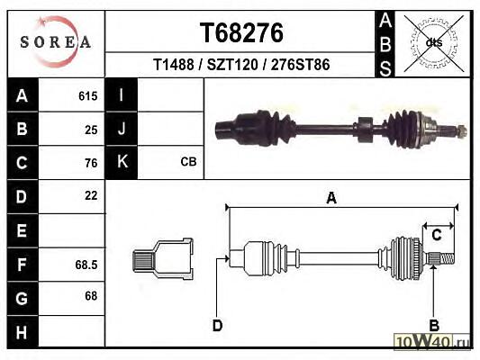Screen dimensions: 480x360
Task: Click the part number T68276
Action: [x=241, y=33]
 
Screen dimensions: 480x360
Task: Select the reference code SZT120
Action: [x=232, y=65]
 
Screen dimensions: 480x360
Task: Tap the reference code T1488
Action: [x=173, y=65]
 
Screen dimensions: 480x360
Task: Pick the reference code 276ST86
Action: [x=300, y=65]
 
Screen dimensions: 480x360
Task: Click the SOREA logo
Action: [x=56, y=42]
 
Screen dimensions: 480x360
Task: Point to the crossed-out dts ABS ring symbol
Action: [x=434, y=43]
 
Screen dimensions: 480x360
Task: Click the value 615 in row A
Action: [x=88, y=96]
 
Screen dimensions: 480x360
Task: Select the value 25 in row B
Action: [x=91, y=130]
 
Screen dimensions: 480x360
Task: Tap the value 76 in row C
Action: [x=91, y=163]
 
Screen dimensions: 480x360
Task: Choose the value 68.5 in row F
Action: [x=86, y=265]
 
